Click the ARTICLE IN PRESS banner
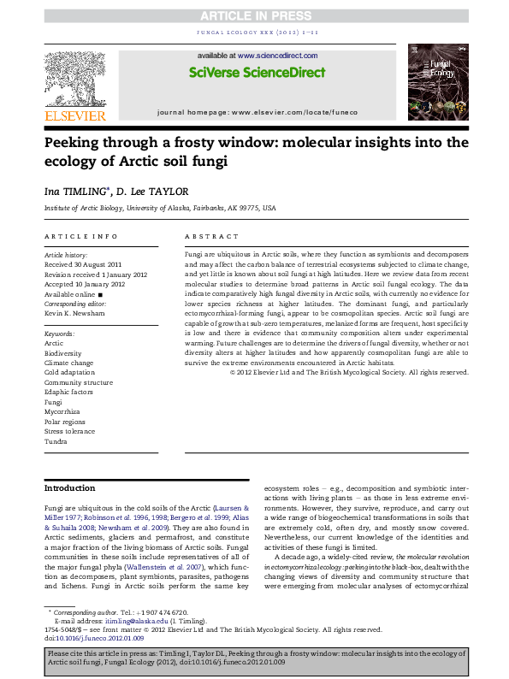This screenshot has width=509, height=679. (255, 17)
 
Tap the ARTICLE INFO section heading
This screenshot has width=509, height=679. (80, 236)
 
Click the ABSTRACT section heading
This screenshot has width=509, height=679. (211, 236)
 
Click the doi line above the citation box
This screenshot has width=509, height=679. (93, 637)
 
